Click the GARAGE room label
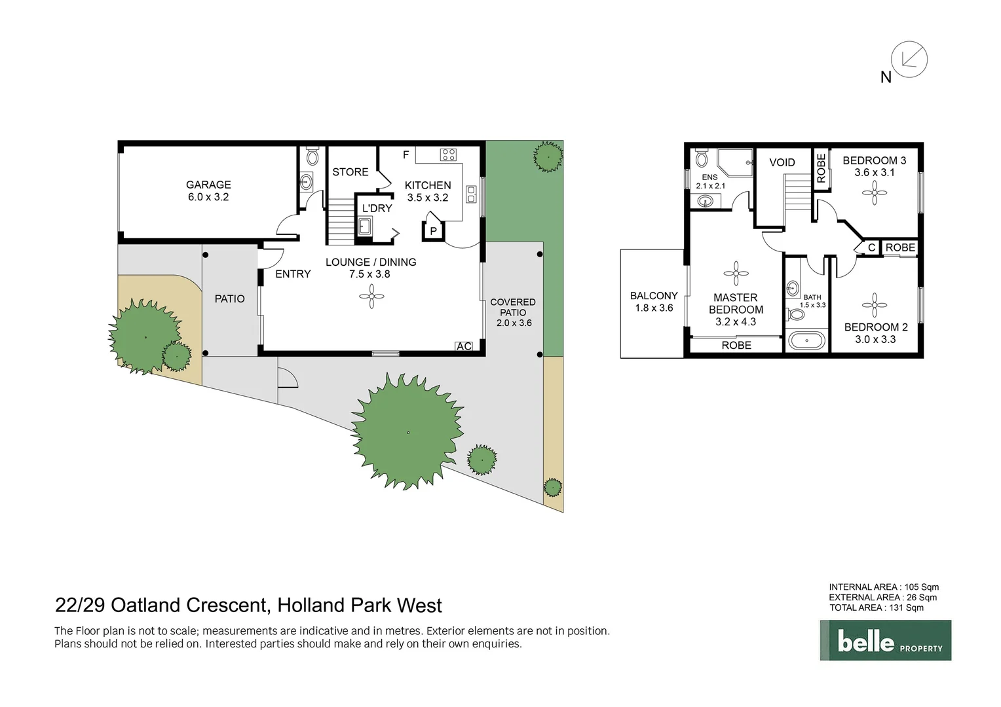(x=208, y=185)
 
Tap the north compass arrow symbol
(x=909, y=60)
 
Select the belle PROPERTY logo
(x=885, y=641)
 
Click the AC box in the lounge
(x=464, y=346)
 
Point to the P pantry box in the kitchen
(x=433, y=231)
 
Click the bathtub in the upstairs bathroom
(x=806, y=340)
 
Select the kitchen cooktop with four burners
(x=448, y=154)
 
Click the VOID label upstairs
(x=782, y=162)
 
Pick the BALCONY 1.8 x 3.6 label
(x=654, y=302)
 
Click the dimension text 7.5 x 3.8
(x=369, y=274)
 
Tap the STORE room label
(x=350, y=172)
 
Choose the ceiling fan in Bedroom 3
(x=874, y=192)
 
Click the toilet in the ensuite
(x=702, y=158)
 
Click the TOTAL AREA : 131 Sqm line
(x=877, y=607)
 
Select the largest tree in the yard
(x=407, y=431)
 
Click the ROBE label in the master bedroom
(x=736, y=345)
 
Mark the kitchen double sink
(x=470, y=194)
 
